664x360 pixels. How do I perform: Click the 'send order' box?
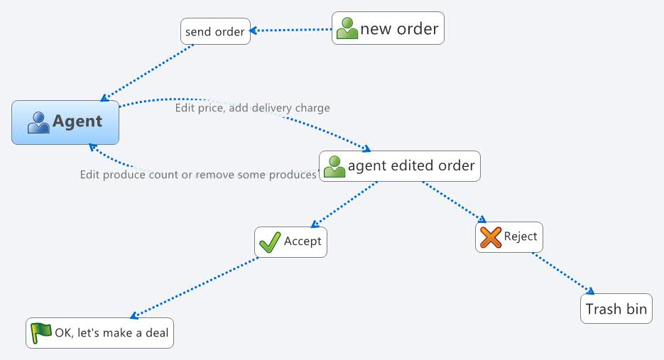[x=215, y=31]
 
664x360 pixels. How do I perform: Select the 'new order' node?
[x=388, y=28]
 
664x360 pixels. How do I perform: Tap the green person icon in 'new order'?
[x=347, y=28]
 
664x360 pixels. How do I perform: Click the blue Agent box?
[x=65, y=122]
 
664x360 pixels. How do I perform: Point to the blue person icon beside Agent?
[x=38, y=122]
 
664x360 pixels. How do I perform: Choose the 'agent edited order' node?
[x=400, y=166]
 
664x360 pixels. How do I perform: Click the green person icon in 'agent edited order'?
[x=334, y=167]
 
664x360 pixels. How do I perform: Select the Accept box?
[x=291, y=241]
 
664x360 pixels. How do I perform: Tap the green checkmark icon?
[x=270, y=242]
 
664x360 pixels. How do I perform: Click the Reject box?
[x=509, y=236]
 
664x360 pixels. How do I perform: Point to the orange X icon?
[x=491, y=237]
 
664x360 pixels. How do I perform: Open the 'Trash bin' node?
[x=616, y=310]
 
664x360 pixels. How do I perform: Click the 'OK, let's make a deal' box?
[x=99, y=333]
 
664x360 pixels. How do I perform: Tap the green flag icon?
[x=41, y=332]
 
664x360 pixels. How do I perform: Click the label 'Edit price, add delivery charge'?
[x=252, y=108]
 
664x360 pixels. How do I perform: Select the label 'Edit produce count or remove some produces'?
[x=197, y=175]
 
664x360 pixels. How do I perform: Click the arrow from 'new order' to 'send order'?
[x=291, y=30]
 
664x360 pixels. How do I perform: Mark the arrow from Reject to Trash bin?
[x=562, y=273]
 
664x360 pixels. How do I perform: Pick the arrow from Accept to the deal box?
[x=195, y=287]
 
